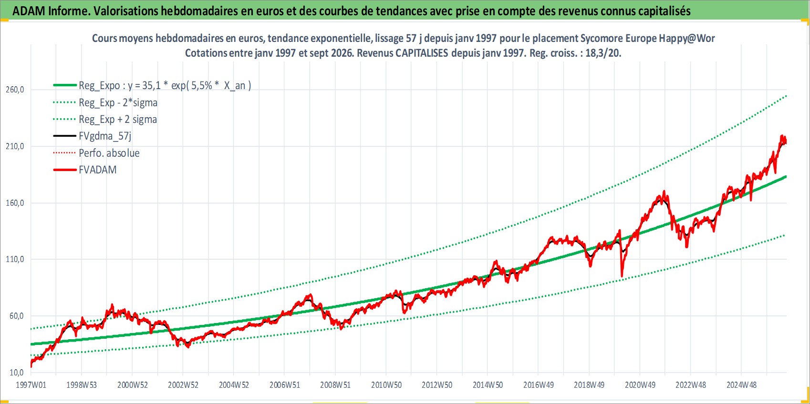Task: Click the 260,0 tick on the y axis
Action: click(15, 90)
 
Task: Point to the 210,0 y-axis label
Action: click(15, 146)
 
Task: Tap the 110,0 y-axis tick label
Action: click(15, 259)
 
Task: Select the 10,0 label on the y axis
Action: click(17, 372)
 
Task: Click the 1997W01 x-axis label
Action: click(31, 385)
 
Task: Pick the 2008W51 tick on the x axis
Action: click(335, 385)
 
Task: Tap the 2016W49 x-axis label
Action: click(539, 385)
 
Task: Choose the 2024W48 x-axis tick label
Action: click(741, 385)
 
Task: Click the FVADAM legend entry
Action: click(98, 170)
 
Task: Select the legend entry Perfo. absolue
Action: click(109, 153)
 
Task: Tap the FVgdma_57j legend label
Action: click(105, 136)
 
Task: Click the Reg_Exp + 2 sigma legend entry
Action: click(118, 120)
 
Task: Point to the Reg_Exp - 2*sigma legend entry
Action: click(118, 103)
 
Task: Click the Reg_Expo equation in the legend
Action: click(165, 86)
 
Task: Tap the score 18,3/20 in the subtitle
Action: click(603, 53)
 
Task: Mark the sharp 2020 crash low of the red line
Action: click(622, 276)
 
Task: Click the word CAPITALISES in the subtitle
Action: click(422, 53)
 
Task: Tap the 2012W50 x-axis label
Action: click(437, 385)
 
